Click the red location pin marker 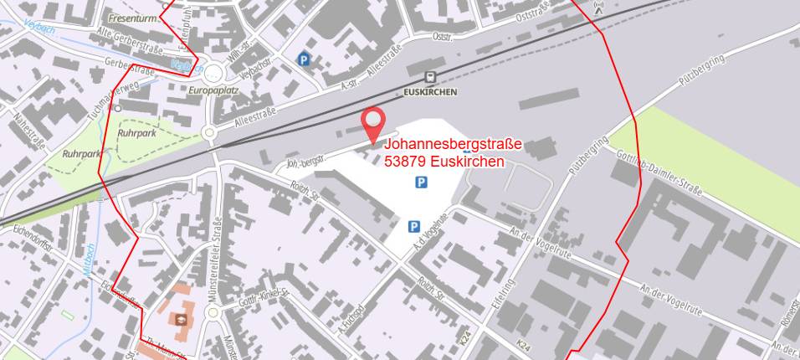(x=373, y=126)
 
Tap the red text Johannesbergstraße (x=453, y=145)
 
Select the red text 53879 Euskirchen (x=444, y=161)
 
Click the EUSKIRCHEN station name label (x=430, y=92)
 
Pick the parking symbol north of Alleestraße (x=303, y=59)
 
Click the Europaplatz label (x=215, y=90)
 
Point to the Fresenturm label (x=133, y=17)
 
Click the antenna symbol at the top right (x=598, y=8)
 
